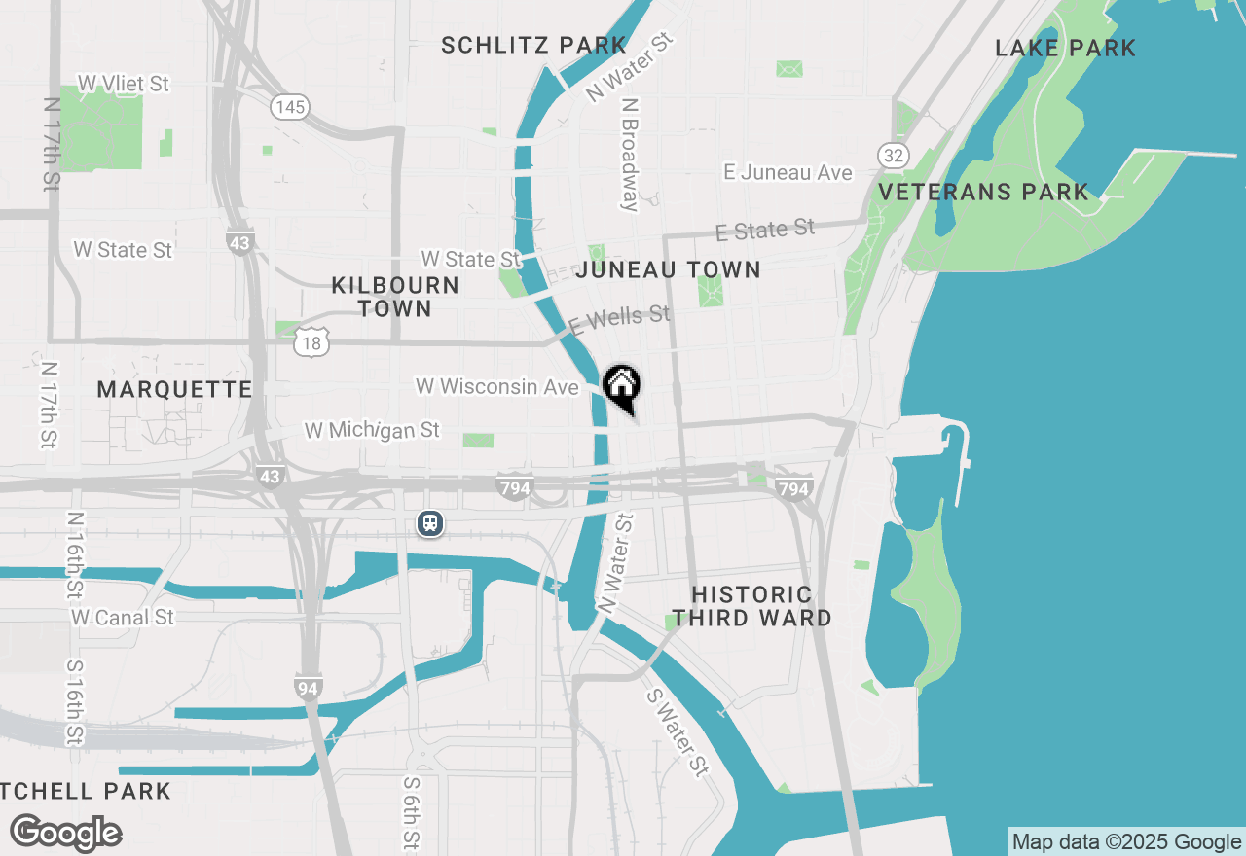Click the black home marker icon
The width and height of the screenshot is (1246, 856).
click(622, 388)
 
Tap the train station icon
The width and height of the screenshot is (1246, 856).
click(430, 523)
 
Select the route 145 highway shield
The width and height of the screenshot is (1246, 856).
click(290, 107)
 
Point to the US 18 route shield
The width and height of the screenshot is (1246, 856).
click(311, 341)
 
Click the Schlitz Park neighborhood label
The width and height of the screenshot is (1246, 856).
click(533, 45)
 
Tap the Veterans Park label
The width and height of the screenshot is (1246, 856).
click(983, 192)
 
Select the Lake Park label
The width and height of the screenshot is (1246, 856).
click(1065, 48)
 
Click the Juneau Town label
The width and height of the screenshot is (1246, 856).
click(668, 269)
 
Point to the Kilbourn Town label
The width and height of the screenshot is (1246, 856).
click(395, 297)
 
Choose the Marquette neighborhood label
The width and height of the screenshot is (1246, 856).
click(174, 389)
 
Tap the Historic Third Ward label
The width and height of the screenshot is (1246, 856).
click(751, 606)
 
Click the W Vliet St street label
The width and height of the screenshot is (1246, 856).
click(124, 84)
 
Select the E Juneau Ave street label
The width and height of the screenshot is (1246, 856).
click(788, 172)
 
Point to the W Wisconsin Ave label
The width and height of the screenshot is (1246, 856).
click(497, 386)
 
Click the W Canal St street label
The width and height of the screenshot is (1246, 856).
click(123, 617)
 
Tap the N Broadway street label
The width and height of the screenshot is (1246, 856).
click(630, 154)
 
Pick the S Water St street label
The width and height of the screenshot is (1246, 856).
click(676, 732)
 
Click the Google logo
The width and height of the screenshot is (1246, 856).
click(65, 833)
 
